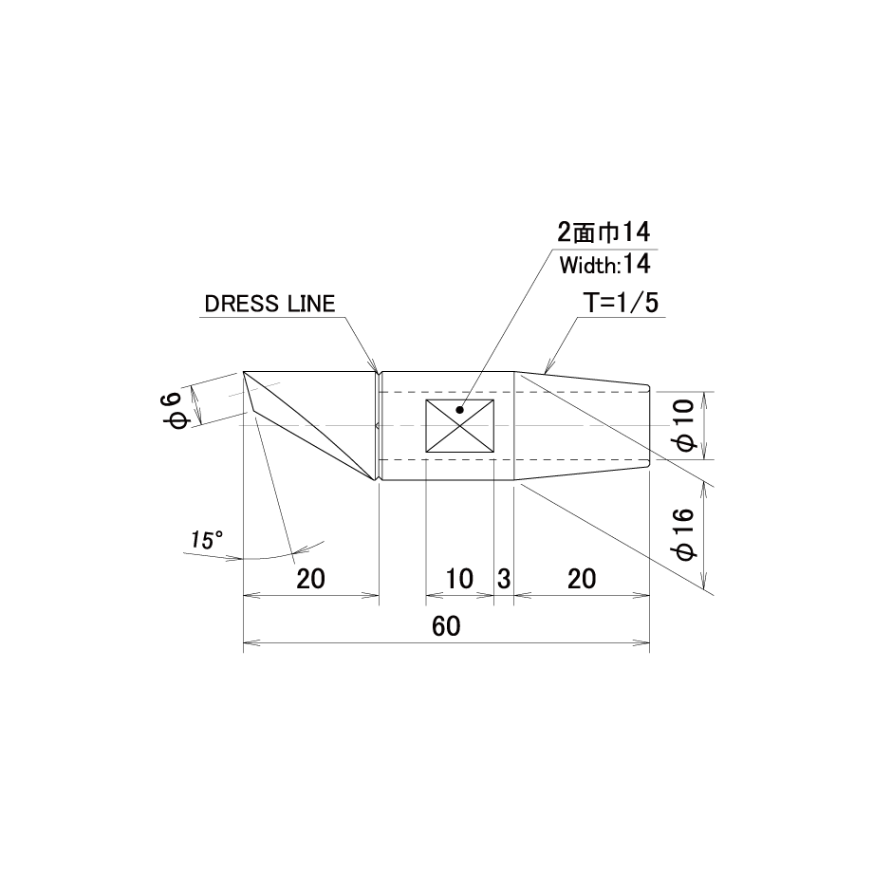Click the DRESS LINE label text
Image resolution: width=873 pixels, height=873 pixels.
270,304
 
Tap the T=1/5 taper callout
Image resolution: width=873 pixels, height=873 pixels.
621,303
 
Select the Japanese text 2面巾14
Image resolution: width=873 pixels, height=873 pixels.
604,232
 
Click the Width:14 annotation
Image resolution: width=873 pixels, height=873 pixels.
604,265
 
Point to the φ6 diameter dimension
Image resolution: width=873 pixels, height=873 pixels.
173,410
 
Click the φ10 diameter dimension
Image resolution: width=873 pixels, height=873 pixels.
684,426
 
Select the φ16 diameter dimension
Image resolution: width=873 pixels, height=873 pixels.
684,534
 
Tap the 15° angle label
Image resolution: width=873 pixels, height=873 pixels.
207,540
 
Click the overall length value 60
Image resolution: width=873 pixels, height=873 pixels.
446,627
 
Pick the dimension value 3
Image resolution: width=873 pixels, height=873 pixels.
504,579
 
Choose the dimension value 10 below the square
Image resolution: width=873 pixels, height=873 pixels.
459,579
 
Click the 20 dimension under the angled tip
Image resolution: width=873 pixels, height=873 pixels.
310,579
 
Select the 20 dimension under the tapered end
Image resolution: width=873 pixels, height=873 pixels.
582,579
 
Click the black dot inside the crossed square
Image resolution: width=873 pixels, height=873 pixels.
459,410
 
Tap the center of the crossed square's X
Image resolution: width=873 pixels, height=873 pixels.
460,426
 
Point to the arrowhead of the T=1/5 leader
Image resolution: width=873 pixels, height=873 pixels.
547,371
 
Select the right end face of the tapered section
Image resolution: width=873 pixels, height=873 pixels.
650,426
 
